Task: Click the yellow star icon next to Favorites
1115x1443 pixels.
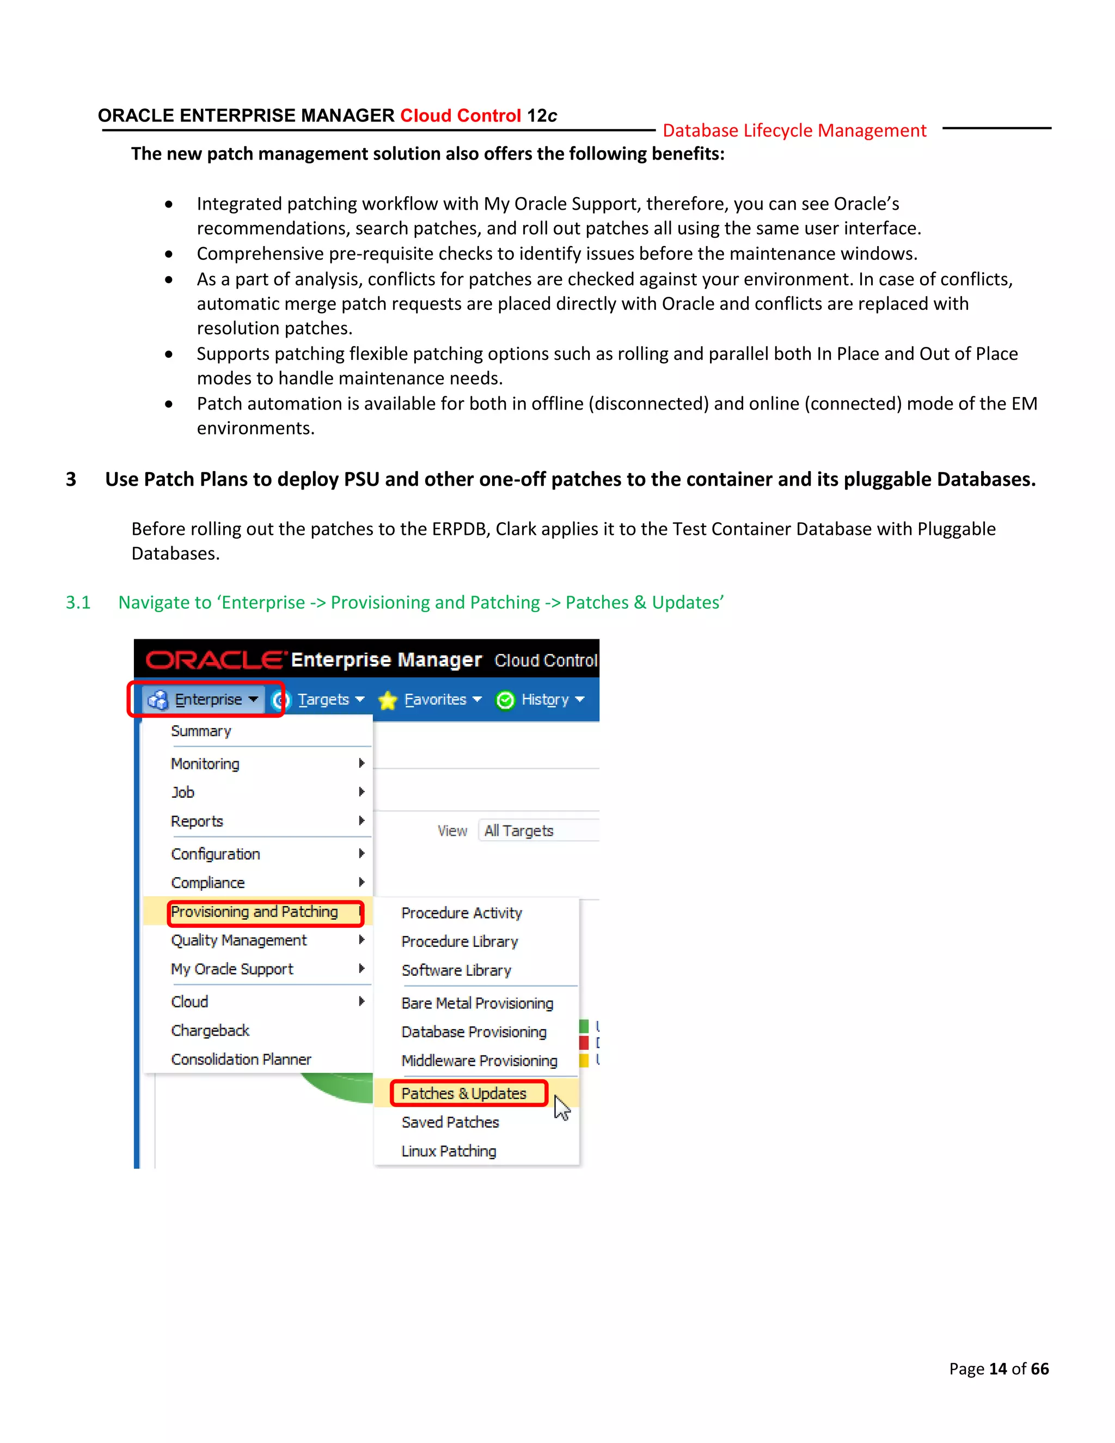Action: [x=388, y=700]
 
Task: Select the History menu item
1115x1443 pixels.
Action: [x=544, y=700]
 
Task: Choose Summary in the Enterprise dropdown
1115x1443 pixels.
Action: [x=201, y=731]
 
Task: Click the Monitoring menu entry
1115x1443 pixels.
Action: [x=205, y=764]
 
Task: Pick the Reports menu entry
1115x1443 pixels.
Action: [x=197, y=821]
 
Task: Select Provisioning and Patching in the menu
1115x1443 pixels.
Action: [x=254, y=912]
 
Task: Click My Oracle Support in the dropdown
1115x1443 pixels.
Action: [x=232, y=969]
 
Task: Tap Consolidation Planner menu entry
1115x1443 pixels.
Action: [x=241, y=1060]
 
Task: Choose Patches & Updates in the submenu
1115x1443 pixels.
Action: [x=464, y=1094]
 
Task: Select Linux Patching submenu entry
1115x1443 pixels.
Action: [x=449, y=1152]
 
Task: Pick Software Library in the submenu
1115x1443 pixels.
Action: [x=456, y=970]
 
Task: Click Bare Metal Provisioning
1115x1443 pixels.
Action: [x=477, y=1004]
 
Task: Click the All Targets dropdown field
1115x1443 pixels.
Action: [x=536, y=830]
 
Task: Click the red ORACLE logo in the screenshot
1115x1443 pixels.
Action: [x=215, y=660]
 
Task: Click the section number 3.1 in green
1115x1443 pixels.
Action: [x=78, y=603]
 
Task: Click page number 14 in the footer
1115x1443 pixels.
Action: [x=997, y=1369]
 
